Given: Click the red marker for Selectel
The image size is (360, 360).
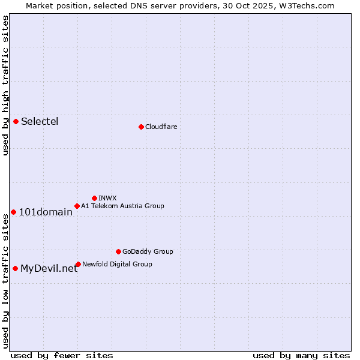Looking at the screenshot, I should pos(16,122).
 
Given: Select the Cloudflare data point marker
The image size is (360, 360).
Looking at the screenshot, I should pos(141,127).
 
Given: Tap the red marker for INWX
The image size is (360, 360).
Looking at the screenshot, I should pos(94,198).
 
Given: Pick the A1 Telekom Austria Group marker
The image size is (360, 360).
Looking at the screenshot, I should pos(77,206).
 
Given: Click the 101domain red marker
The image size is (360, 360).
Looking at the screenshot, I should pos(13,212).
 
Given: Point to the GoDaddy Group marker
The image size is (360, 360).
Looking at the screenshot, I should pos(118,251).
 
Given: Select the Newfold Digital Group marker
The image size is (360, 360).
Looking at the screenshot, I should pos(78,264).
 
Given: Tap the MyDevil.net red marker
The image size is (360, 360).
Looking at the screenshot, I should pos(15,268).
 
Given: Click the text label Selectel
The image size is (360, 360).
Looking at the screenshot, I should pos(40,122).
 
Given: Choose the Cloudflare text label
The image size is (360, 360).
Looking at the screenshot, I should pos(161,127).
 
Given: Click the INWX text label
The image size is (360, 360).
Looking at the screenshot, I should pos(107,198).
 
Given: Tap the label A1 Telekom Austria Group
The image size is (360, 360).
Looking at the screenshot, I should pos(122,206).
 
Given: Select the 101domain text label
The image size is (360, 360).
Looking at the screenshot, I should pos(46,212).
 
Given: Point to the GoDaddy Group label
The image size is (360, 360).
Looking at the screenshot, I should pos(148,251).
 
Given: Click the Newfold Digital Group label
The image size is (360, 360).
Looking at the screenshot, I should pos(117,264).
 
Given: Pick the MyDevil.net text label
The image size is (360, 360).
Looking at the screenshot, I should pos(49,269).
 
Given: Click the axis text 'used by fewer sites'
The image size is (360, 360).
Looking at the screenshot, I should pos(62,355).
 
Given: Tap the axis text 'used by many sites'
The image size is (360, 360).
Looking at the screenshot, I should pos(301,355).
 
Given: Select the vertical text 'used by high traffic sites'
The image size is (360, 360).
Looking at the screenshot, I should pos(6,85).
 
